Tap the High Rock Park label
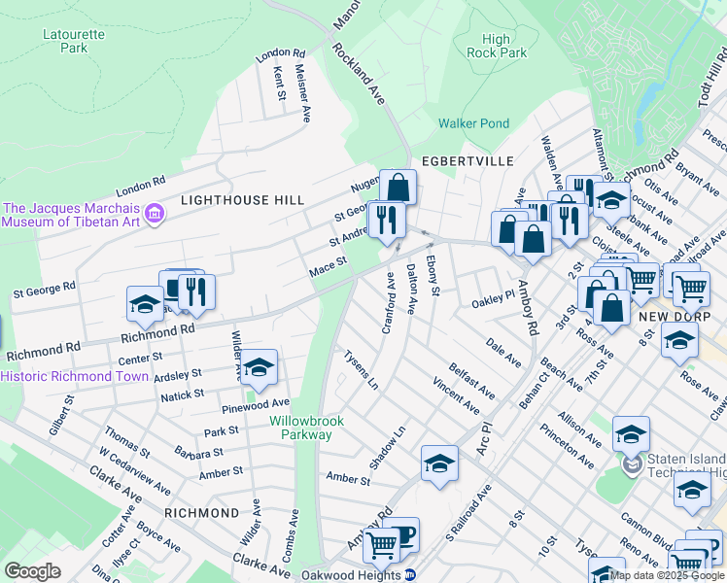(496, 46)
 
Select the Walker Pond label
(473, 123)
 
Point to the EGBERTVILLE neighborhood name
(459, 162)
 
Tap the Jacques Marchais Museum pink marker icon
(154, 214)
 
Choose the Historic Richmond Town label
(75, 377)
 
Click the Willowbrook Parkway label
(301, 428)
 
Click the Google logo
(32, 571)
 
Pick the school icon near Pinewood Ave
(259, 367)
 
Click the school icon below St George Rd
(145, 303)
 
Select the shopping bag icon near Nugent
(398, 186)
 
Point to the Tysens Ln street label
(361, 370)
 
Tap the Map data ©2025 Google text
(667, 574)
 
